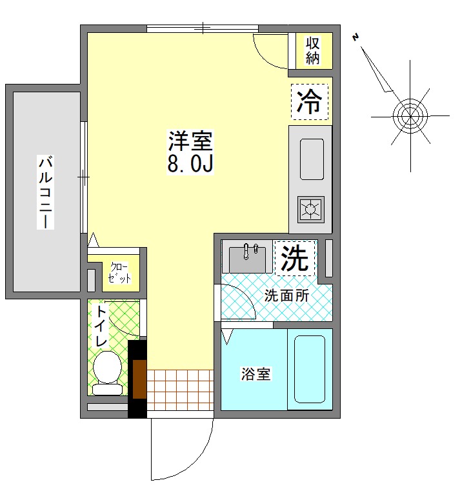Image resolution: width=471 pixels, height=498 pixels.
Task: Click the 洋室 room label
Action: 190,141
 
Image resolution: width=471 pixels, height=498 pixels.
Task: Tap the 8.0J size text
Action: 190,163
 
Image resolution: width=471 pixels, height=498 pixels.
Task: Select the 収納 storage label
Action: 312,51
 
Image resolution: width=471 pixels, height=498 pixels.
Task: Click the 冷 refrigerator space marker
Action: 309,102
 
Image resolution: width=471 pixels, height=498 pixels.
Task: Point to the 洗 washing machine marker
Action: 295,258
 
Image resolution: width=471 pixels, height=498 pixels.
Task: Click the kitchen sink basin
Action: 312,159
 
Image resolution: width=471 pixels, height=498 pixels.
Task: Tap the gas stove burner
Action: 310,210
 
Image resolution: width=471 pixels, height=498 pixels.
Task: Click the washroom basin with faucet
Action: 247,257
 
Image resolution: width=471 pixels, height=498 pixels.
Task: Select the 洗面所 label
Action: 286,296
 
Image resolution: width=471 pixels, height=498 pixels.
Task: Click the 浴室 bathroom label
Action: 256,374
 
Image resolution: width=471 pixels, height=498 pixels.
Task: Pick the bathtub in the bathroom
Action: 310,370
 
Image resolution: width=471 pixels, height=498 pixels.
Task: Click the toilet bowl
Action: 107,373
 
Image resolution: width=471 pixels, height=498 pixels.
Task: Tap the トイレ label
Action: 101,326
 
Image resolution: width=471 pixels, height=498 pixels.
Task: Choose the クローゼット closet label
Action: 119,272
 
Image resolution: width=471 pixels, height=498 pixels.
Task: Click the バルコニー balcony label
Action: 45,192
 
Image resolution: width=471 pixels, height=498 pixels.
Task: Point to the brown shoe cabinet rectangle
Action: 139,379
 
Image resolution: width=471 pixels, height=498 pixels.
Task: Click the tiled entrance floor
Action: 180,390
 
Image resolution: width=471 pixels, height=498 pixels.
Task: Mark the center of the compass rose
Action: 410,116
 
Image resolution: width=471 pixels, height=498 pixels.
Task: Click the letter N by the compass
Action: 356,37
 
